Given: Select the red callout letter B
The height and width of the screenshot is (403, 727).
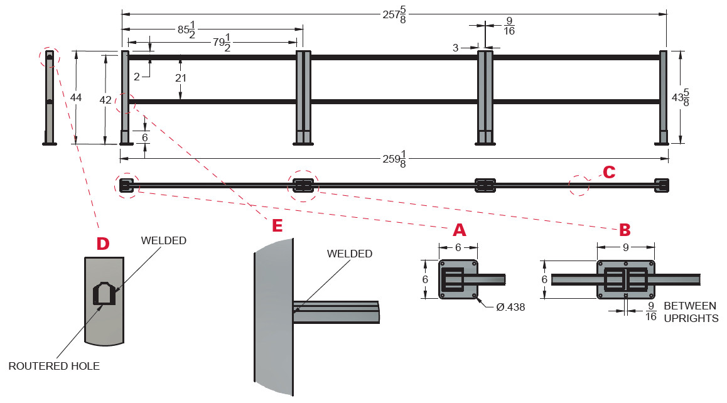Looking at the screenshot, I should click(x=625, y=229).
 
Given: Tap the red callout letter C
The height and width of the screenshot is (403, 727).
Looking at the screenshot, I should click(x=608, y=171).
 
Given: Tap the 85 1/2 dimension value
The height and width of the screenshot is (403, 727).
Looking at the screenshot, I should click(x=186, y=30).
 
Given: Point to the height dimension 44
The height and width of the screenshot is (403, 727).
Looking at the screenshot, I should click(x=76, y=97).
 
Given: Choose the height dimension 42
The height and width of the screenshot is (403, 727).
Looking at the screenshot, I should click(x=105, y=99).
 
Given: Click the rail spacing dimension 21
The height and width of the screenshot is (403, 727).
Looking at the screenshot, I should click(x=180, y=78).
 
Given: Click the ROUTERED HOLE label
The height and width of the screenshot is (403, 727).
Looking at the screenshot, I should click(x=54, y=366).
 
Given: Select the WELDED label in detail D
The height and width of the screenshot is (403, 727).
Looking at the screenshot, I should click(x=164, y=240).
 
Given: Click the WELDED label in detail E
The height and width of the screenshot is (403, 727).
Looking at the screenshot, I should click(x=350, y=254).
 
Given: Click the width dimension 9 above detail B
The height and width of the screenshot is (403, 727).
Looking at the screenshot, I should click(x=625, y=247).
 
